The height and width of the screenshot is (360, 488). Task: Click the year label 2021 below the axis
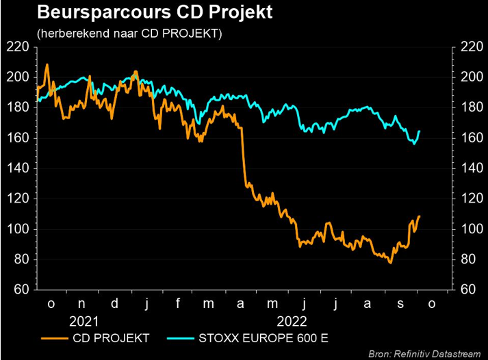(84, 320)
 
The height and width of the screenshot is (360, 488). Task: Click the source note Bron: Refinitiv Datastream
(424, 353)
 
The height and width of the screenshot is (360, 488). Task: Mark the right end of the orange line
(419, 216)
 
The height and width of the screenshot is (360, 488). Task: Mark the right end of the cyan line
(419, 131)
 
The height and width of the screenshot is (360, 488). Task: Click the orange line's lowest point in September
(390, 262)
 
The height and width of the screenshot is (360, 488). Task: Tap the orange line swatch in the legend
(54, 337)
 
